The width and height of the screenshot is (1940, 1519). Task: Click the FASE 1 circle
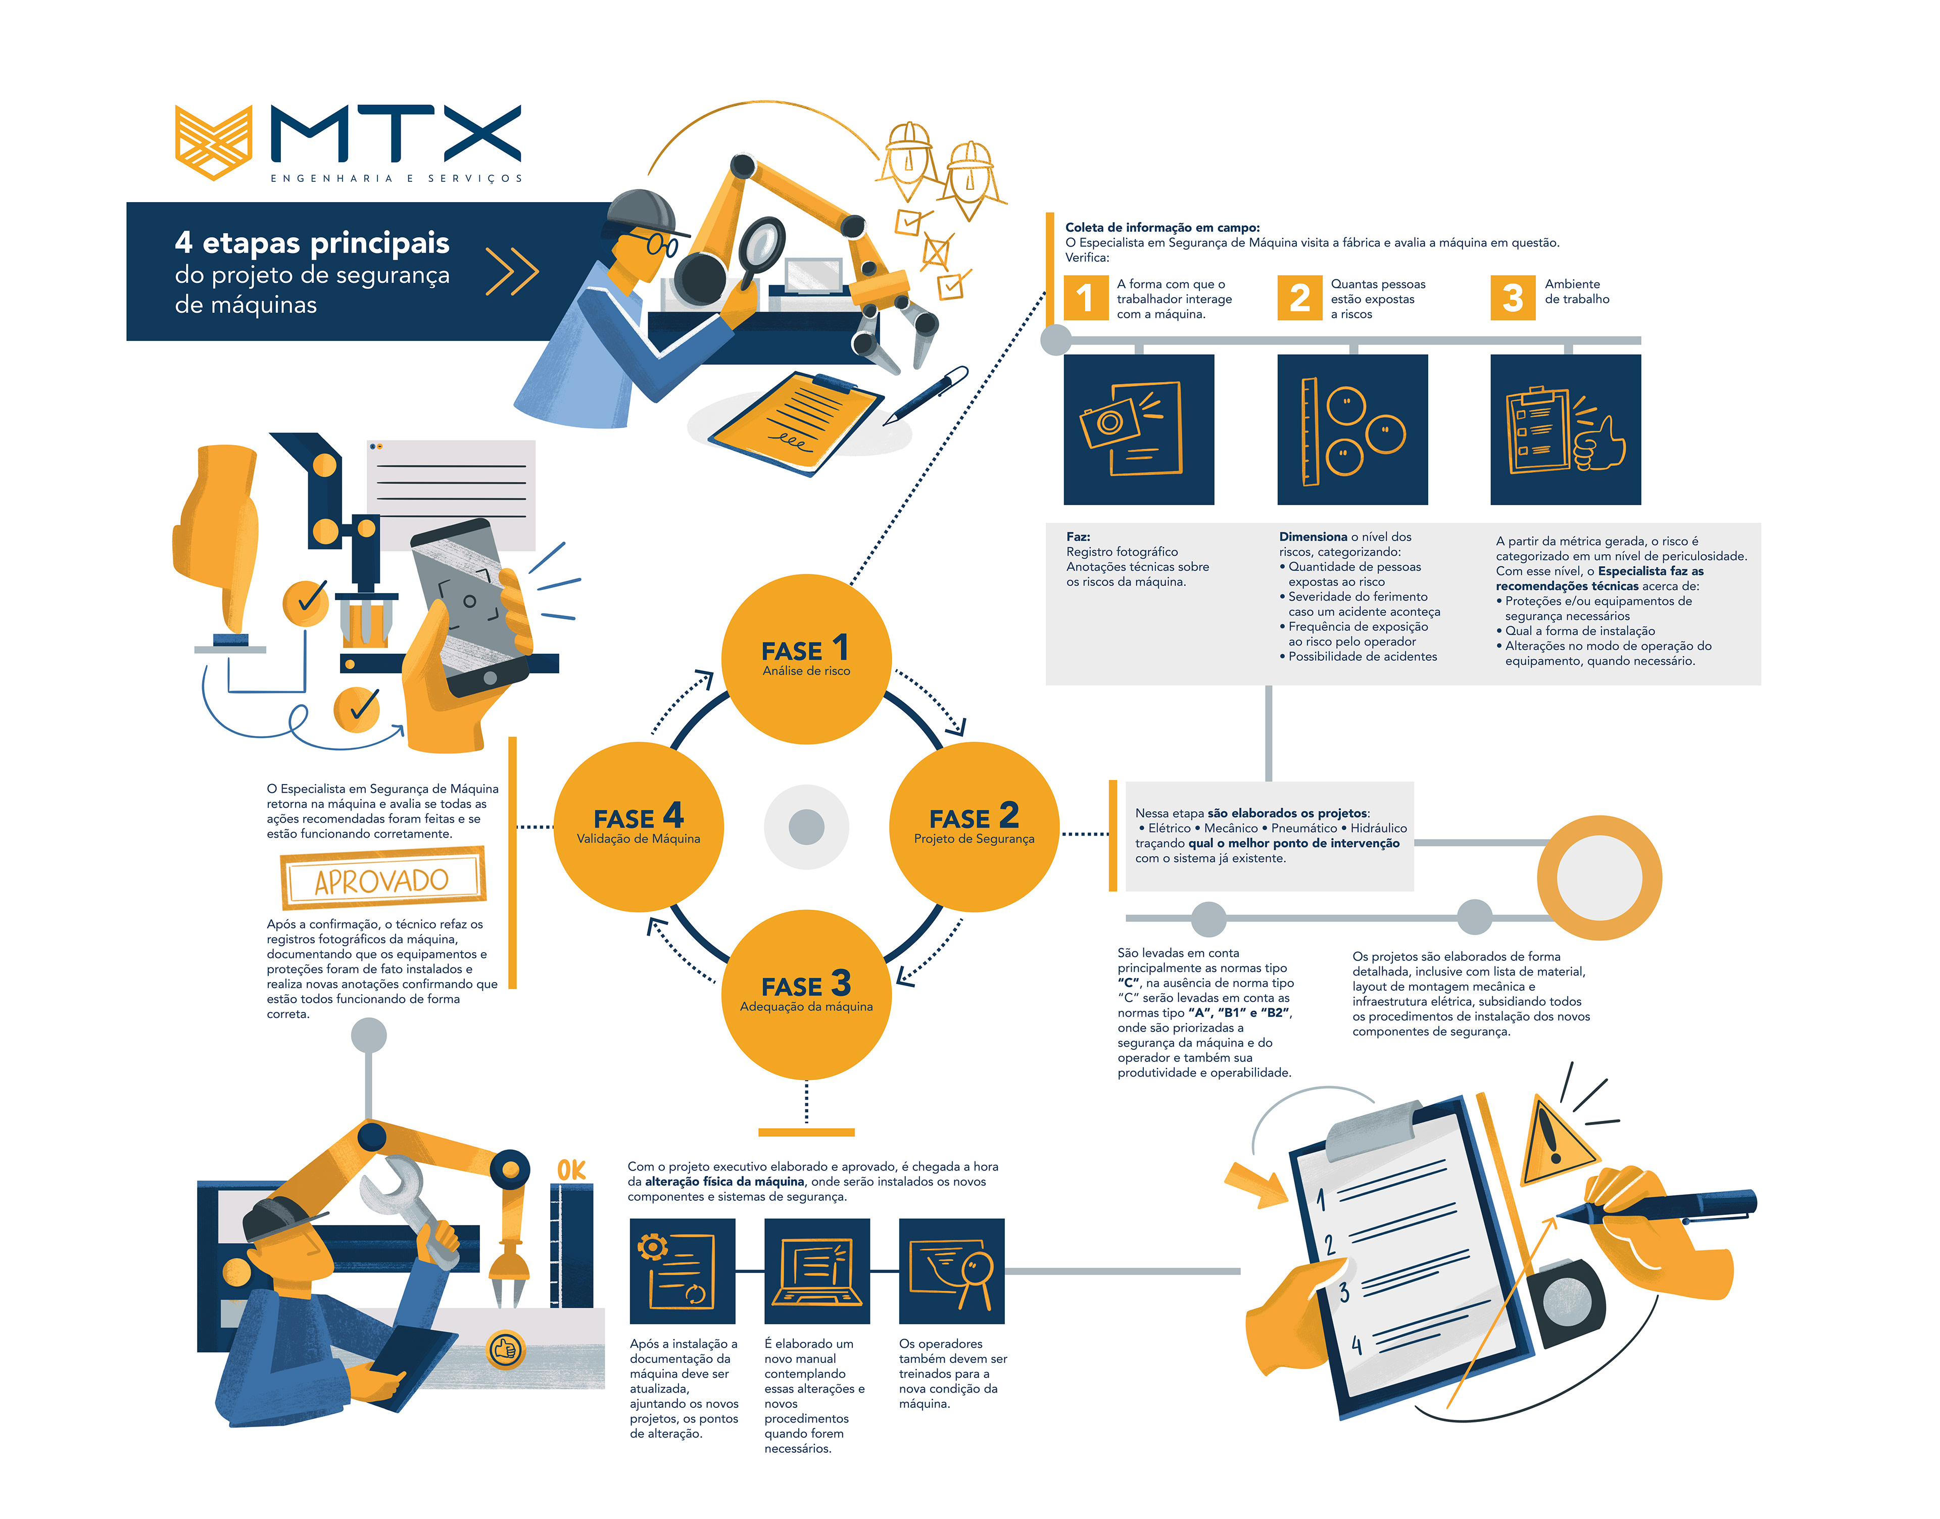(806, 658)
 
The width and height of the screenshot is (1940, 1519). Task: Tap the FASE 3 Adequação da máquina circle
(806, 994)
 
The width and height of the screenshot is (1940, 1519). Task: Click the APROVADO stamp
(382, 878)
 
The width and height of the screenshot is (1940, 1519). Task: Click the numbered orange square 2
(1299, 298)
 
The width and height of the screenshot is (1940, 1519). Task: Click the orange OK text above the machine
(571, 1170)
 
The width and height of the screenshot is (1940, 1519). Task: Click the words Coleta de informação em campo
(1161, 228)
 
